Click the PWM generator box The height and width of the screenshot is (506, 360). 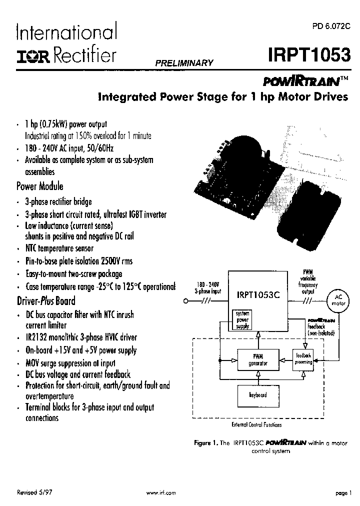point(258,359)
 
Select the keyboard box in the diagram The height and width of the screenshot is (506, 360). point(258,394)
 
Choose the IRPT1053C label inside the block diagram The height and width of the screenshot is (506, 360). point(258,295)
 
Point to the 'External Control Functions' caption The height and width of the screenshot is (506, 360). point(257,424)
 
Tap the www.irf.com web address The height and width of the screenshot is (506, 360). point(161,492)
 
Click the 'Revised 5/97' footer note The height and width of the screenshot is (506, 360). point(34,492)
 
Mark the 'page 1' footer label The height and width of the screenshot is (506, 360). point(343,492)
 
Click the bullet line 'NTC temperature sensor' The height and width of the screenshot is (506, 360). point(59,248)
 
